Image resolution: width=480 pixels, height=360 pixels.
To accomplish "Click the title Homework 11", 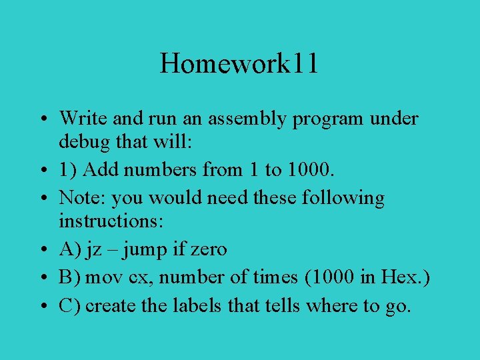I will (x=239, y=64).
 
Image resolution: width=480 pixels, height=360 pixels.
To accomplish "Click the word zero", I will (x=208, y=250).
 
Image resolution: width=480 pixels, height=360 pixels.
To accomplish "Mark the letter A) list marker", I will (x=69, y=250).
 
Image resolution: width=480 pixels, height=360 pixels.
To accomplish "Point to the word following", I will (x=343, y=198).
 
